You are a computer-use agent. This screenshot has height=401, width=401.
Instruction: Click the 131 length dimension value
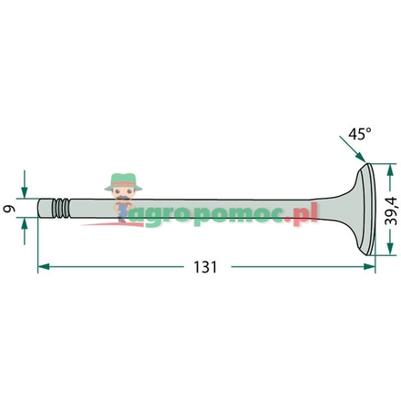click(205, 267)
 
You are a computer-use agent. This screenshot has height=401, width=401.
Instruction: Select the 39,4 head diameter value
click(391, 211)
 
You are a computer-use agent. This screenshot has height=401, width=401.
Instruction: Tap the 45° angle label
click(360, 134)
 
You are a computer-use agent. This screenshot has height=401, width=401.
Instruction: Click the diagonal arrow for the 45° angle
click(353, 149)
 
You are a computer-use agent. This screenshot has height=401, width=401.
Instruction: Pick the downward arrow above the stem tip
click(25, 184)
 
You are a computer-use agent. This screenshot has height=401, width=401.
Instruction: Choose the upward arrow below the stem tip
click(25, 231)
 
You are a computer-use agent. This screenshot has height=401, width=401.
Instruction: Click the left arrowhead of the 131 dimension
click(44, 267)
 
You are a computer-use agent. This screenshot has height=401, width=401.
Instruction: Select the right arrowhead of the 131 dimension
click(369, 267)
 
